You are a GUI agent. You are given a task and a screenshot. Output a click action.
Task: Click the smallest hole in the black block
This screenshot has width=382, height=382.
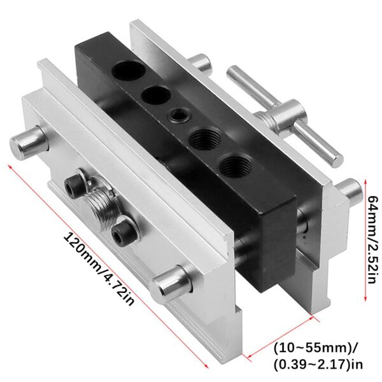[x=176, y=115]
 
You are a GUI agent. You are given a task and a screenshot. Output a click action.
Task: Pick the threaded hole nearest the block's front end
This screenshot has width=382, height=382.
[x=233, y=167]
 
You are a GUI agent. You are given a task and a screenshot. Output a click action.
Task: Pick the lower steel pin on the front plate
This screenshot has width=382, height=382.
[x=171, y=283]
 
